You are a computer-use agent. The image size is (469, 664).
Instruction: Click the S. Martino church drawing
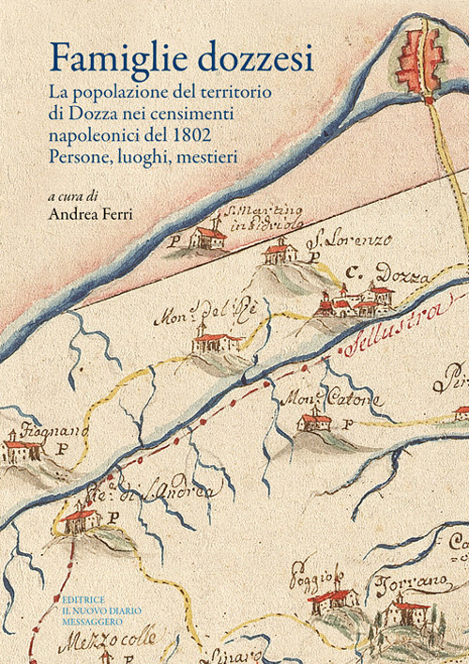207,238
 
